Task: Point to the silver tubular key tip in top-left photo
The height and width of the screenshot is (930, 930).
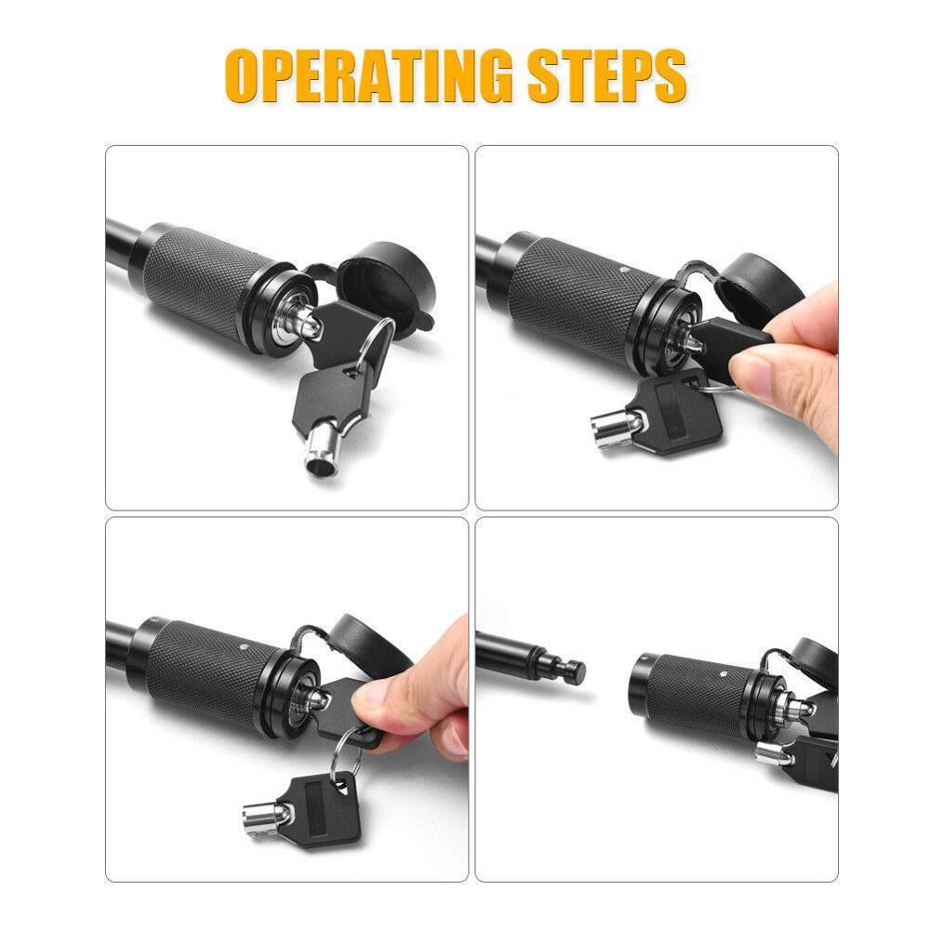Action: coord(322,453)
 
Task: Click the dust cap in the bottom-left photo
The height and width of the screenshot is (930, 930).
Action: coord(367,642)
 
